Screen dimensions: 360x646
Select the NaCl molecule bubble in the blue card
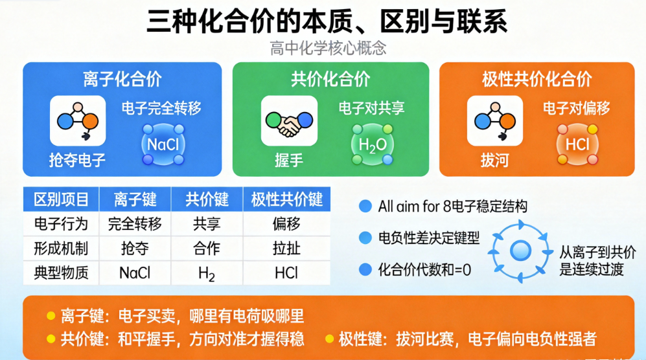pyautogui.click(x=163, y=144)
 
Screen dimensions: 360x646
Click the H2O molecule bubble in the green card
pyautogui.click(x=373, y=144)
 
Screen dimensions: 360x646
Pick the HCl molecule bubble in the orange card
pyautogui.click(x=577, y=144)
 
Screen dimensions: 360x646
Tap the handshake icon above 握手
pyautogui.click(x=289, y=121)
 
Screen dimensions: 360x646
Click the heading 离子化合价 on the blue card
pyautogui.click(x=122, y=79)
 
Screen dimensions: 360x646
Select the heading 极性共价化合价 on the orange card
pyautogui.click(x=536, y=79)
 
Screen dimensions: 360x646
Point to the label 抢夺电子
pyautogui.click(x=77, y=160)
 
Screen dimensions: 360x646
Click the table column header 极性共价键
pyautogui.click(x=286, y=199)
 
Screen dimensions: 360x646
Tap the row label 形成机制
pyautogui.click(x=60, y=248)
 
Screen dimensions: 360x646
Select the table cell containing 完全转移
pyautogui.click(x=135, y=224)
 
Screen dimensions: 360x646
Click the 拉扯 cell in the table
pyautogui.click(x=286, y=248)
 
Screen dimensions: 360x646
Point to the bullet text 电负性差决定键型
pyautogui.click(x=428, y=238)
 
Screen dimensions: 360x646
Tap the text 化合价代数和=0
pyautogui.click(x=424, y=269)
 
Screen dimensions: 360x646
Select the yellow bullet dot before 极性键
pyautogui.click(x=329, y=339)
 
